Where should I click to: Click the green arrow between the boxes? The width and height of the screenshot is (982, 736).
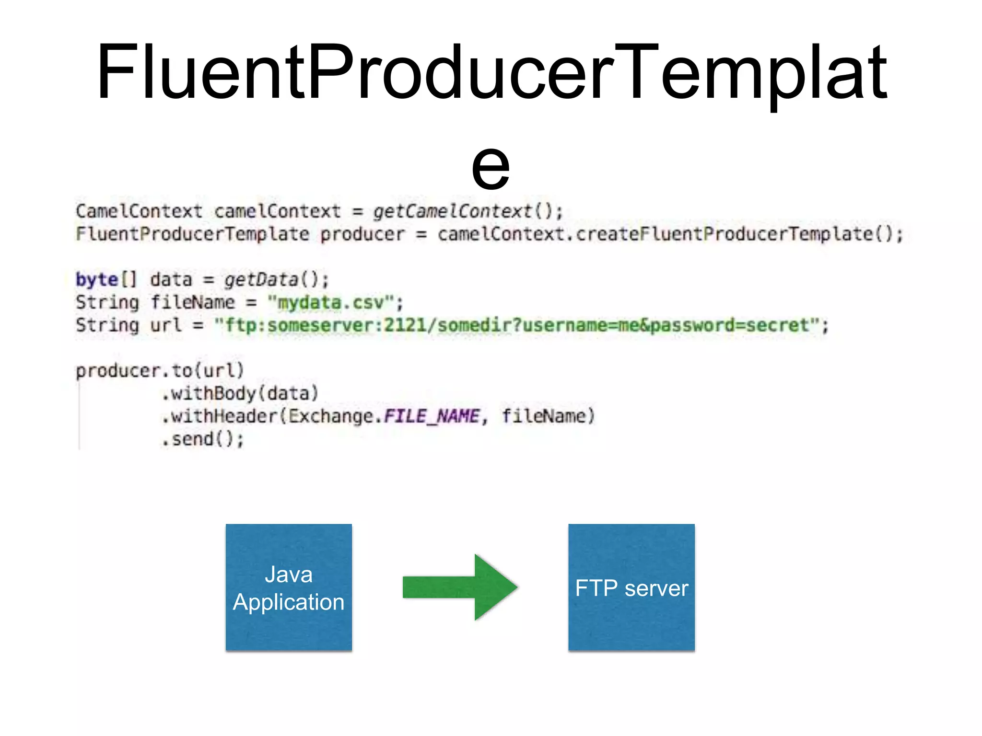pos(459,587)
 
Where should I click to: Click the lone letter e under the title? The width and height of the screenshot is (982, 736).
pos(490,165)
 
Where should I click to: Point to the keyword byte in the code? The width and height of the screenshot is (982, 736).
pos(97,279)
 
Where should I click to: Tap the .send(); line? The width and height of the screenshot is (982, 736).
pos(203,439)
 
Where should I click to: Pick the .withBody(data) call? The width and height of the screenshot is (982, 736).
pos(240,393)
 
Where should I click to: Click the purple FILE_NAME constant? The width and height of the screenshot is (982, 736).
pos(431,416)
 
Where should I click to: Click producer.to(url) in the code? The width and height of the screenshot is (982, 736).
pos(160,370)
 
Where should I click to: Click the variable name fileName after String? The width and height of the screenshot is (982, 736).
pos(193,302)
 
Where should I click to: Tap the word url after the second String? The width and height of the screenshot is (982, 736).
pos(165,325)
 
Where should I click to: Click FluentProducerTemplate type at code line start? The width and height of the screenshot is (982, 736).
pos(192,234)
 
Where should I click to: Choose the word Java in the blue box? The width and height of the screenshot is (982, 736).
pos(289,574)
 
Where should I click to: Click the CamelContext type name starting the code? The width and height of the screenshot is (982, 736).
pos(139,211)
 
